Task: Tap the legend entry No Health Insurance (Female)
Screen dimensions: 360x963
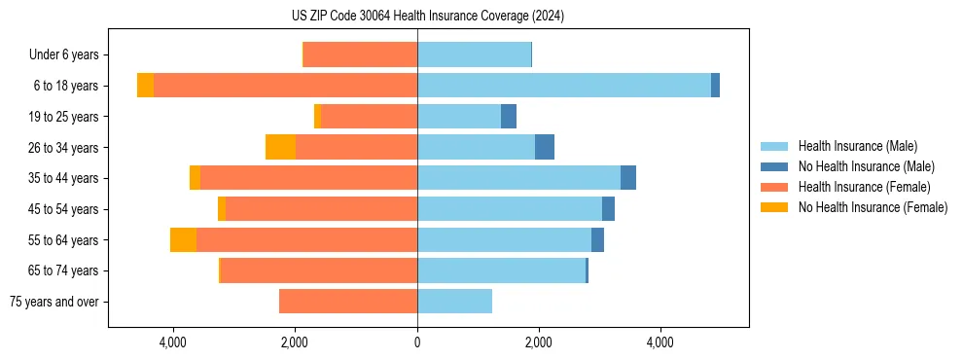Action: (x=873, y=207)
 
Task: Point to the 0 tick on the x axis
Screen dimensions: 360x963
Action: (x=417, y=342)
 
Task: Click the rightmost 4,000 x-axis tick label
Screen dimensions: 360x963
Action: (x=660, y=342)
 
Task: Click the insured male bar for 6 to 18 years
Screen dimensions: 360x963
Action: (x=564, y=86)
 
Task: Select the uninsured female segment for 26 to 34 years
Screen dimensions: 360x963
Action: (x=280, y=147)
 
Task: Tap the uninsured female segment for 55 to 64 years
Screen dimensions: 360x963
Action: (x=183, y=239)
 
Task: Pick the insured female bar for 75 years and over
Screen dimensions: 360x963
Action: (x=348, y=302)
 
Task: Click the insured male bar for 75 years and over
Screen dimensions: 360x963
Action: (x=454, y=302)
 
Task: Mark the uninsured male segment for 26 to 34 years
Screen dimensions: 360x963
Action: (x=545, y=147)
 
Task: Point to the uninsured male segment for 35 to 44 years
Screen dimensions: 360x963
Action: (x=628, y=178)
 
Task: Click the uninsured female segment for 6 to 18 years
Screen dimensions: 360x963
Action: (x=145, y=86)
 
